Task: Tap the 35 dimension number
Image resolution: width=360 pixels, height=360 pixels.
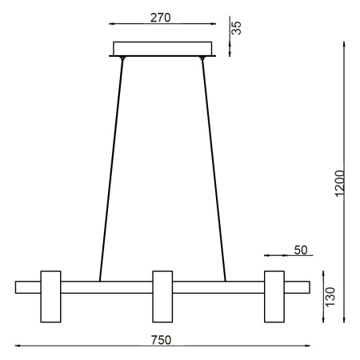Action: (237, 28)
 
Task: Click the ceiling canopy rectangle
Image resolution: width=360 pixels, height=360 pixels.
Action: (162, 48)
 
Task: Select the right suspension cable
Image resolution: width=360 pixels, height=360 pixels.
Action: (214, 168)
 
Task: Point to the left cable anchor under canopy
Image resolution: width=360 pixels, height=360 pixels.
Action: (122, 58)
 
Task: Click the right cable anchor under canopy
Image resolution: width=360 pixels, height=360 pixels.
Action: (203, 58)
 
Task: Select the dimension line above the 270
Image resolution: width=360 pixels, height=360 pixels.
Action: (162, 25)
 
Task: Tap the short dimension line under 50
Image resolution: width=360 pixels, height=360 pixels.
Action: (276, 256)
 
